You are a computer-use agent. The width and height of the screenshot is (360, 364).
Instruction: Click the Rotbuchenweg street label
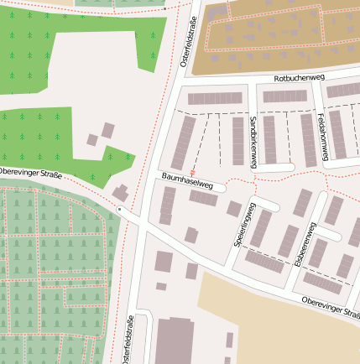[x=299, y=78]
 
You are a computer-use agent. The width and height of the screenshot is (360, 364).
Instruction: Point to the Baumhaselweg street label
[x=187, y=179]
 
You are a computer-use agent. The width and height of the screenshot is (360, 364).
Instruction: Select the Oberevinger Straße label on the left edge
[x=31, y=174]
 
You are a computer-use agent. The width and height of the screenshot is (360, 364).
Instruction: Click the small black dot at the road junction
[x=120, y=208]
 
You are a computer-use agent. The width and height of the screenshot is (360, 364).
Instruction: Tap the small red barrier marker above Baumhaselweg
[x=194, y=171]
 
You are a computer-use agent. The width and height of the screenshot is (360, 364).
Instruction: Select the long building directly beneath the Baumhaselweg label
[x=203, y=198]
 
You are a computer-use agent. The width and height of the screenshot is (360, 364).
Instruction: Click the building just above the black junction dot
[x=122, y=193]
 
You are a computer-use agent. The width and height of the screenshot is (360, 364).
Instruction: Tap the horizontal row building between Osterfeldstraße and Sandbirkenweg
[x=214, y=98]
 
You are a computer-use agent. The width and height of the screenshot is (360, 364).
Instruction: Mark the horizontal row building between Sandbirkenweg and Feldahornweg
[x=283, y=96]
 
